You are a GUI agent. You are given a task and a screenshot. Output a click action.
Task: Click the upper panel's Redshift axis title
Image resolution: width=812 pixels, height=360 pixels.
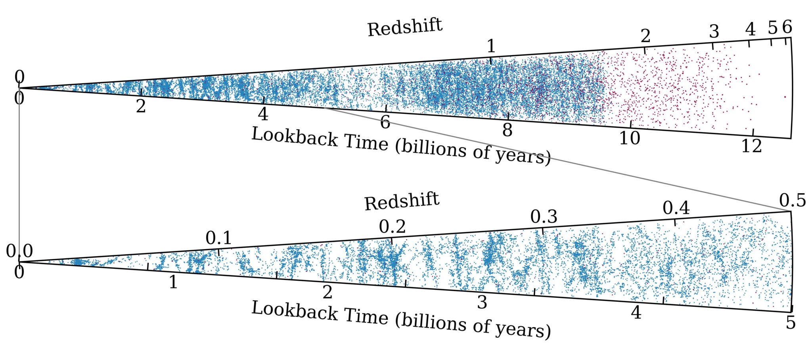pos(404,28)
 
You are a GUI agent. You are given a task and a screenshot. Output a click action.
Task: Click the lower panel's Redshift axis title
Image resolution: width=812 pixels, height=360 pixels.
pos(402,201)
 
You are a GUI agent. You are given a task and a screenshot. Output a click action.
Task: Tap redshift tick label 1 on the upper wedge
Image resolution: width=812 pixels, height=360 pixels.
pos(491,46)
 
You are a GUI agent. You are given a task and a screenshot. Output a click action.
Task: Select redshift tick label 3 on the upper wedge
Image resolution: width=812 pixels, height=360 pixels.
pos(714,31)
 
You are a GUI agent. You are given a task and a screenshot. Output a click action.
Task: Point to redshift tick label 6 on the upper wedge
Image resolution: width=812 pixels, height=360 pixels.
pos(787,27)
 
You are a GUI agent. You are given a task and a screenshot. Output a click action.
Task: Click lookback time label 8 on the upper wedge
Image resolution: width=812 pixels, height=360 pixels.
pos(507,130)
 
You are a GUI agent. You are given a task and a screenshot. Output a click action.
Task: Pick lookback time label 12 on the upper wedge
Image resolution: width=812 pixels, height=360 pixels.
pos(751,146)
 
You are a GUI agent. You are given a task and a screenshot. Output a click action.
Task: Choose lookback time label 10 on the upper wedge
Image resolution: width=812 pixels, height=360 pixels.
pos(629,138)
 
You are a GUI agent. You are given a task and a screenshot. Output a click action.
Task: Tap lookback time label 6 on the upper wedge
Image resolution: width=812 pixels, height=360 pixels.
pos(385,122)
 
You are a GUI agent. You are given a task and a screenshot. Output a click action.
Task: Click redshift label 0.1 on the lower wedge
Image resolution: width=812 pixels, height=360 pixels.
pos(218,238)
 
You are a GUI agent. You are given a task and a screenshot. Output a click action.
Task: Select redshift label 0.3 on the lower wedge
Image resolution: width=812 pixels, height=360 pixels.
pos(544,217)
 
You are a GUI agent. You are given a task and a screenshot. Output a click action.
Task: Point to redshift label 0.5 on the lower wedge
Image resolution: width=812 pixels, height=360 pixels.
pos(792,201)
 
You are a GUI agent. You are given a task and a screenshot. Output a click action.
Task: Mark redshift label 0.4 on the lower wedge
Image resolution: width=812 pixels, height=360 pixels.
pos(676,208)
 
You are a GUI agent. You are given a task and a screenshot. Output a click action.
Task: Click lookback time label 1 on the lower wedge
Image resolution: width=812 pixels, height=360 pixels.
pos(173,282)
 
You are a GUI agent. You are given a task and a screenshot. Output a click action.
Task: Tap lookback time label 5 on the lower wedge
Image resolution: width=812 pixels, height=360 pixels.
pos(791,323)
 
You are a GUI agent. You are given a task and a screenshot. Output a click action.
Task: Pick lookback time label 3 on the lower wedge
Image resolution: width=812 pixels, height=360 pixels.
pos(482,303)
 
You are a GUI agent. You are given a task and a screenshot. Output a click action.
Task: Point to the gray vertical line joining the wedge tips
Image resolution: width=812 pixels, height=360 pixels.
pos(19,174)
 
